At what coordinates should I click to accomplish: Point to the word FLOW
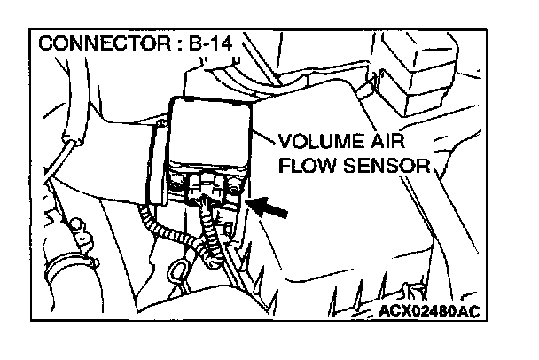pos(306,165)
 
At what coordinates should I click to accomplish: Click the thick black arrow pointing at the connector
pos(273,210)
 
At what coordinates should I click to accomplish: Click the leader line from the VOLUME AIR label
pos(263,136)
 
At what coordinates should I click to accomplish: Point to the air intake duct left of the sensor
pos(98,151)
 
